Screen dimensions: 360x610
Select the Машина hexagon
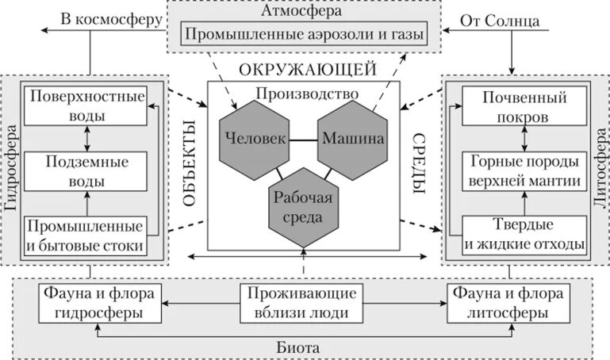(352, 138)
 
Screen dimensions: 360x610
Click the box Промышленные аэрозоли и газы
(301, 34)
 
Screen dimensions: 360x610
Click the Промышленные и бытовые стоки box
(86, 236)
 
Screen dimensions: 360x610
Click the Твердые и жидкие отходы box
(524, 236)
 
